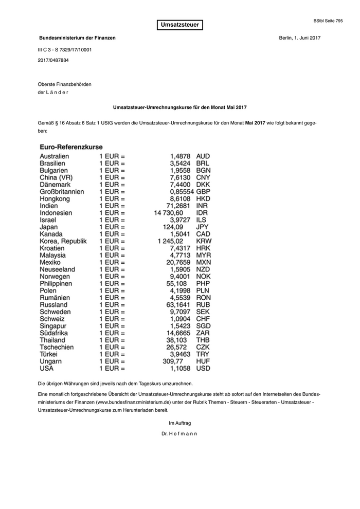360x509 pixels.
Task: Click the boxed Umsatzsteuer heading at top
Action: tap(179, 25)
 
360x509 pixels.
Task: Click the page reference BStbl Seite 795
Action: tap(328, 21)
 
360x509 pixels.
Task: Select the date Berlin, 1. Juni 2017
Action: tap(299, 38)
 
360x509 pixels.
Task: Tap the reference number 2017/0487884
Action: tap(53, 60)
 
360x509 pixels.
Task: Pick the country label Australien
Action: tap(54, 156)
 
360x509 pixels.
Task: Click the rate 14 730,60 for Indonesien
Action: tap(168, 212)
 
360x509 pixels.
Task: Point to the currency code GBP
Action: tap(204, 191)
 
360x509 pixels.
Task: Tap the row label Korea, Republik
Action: tap(63, 241)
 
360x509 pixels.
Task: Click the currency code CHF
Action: tap(204, 319)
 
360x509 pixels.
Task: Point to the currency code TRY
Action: tap(203, 354)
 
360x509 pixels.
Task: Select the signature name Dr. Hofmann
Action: tap(179, 433)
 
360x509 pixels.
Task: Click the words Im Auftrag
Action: tap(179, 423)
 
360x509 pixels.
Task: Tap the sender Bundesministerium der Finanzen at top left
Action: tap(77, 38)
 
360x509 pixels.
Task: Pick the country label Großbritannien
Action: tap(62, 191)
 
